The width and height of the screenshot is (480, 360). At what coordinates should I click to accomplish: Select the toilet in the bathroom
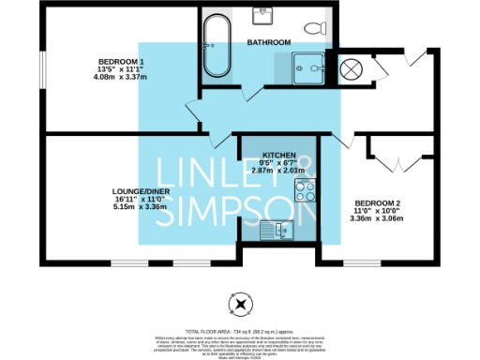[321, 27]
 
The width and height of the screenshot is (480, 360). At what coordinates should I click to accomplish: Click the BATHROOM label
[269, 43]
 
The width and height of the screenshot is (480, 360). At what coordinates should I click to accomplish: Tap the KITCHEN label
[279, 154]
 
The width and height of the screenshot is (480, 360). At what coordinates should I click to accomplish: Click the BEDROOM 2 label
[379, 203]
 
